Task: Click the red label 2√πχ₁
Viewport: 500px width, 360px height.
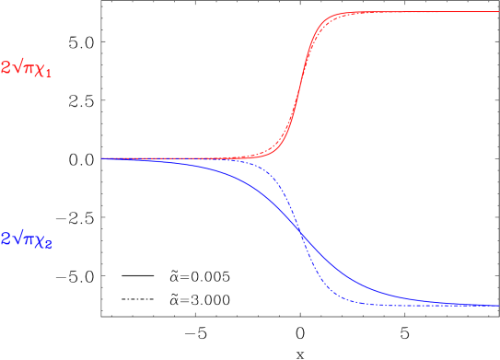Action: (27, 68)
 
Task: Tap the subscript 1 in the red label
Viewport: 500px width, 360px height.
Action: (48, 74)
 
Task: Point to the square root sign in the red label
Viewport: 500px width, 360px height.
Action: (17, 67)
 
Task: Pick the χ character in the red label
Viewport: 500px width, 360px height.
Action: (40, 70)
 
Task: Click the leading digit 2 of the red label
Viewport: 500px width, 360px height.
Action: (6, 68)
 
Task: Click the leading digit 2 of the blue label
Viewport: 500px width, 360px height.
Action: (6, 239)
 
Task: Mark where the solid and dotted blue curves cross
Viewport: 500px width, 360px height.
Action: (301, 235)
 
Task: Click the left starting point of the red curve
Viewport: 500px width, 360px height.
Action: (102, 158)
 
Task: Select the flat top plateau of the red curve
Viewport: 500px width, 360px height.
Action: (424, 12)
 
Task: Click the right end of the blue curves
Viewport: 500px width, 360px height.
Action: (497, 305)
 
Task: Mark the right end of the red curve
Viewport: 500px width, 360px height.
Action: (497, 12)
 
